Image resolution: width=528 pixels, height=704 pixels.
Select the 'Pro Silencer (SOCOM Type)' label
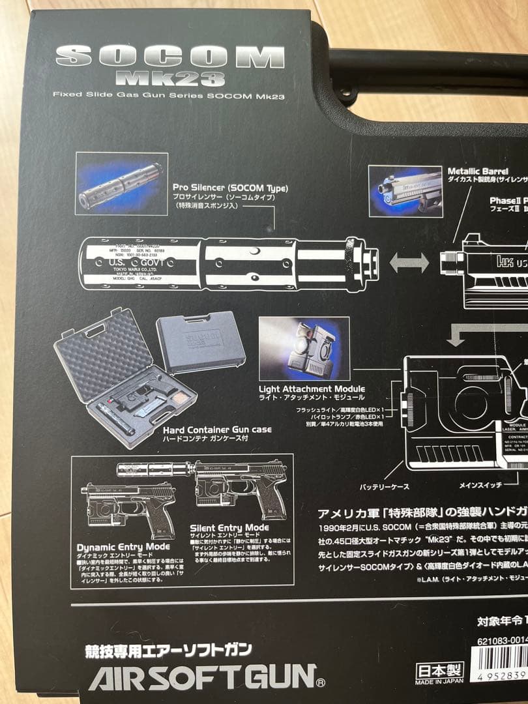coord(230,188)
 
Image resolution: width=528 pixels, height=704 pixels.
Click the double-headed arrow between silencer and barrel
coord(409,263)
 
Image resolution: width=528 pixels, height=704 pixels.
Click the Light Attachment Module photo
coord(304,349)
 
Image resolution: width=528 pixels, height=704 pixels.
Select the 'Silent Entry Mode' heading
coord(229,527)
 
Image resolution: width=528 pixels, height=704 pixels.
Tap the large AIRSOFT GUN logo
coord(202,677)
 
